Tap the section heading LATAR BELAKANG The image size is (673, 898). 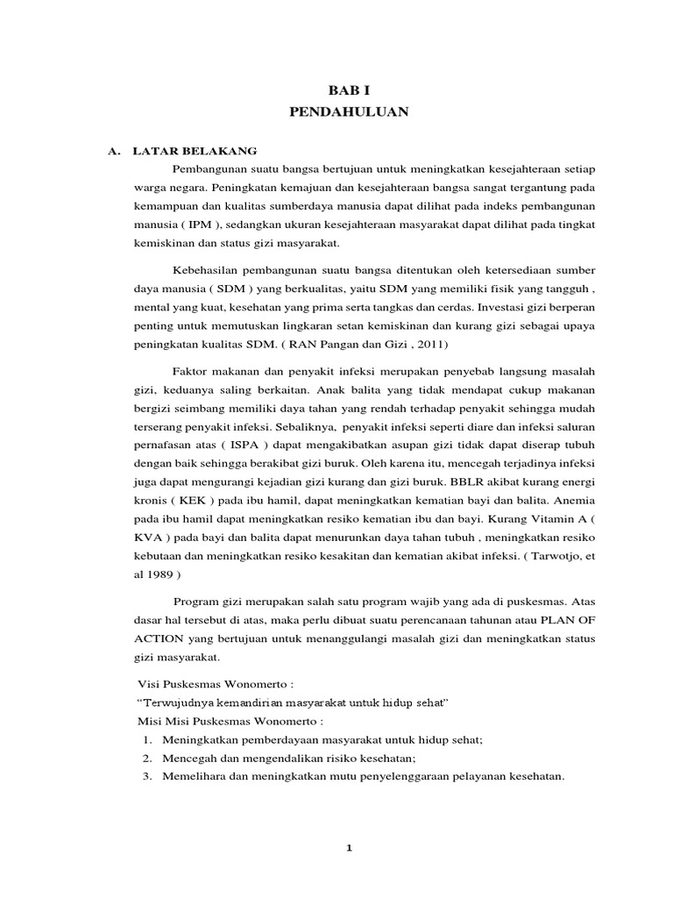pos(195,150)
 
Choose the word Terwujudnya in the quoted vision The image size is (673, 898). pos(178,702)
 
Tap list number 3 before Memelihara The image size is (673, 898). pos(145,776)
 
